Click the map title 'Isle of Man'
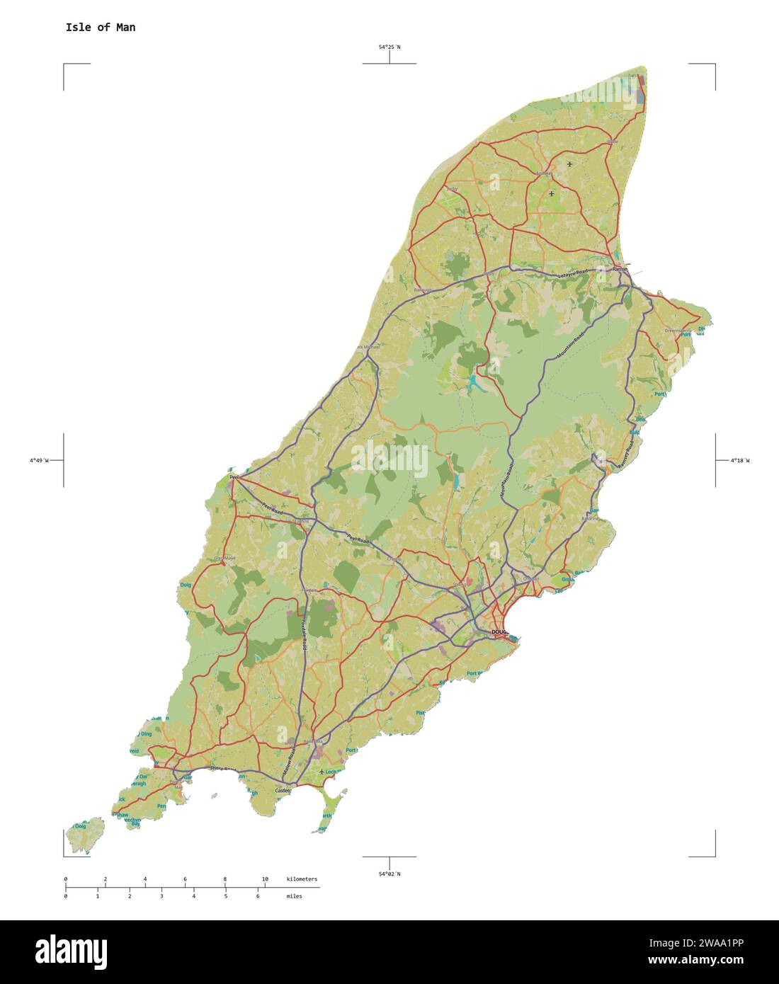point(100,28)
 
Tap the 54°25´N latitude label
point(389,47)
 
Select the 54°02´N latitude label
point(389,874)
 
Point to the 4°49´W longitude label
point(39,461)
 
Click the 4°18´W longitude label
point(739,461)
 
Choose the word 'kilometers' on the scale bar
point(302,879)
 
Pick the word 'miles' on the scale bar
point(294,896)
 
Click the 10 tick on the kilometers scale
point(265,879)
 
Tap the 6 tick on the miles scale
point(258,896)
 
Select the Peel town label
point(234,478)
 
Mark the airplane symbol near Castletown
point(322,771)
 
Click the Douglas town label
point(500,631)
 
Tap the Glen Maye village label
point(225,559)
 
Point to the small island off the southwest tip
point(89,835)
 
